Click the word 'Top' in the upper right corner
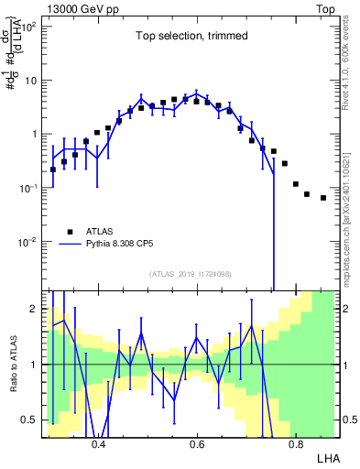[x=327, y=7]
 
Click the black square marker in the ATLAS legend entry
[x=70, y=232]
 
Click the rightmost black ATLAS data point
[x=323, y=197]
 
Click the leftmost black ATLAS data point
[x=53, y=169]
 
